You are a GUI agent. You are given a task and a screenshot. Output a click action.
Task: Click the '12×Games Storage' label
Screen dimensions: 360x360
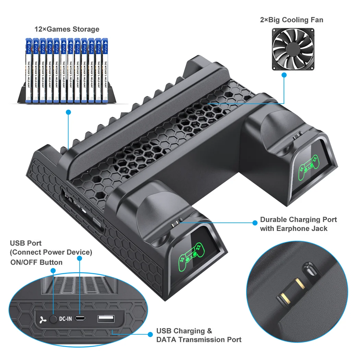[x=67, y=29]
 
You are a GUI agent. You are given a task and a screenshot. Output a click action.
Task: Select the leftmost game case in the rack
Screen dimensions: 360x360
[x=28, y=70]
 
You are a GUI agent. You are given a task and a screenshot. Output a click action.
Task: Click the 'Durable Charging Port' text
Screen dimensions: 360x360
[x=298, y=219]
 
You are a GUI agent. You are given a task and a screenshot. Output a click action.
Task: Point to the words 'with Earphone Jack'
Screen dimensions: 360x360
[x=293, y=228]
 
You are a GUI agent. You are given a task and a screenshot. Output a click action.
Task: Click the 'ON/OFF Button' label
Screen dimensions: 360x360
[x=36, y=262]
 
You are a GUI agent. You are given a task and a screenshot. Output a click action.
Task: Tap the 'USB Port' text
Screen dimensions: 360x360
[x=26, y=243]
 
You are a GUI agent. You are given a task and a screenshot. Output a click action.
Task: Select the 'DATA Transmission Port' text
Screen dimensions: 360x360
[x=199, y=340]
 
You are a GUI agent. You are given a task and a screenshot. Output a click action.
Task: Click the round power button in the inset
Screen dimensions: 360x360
[x=53, y=319]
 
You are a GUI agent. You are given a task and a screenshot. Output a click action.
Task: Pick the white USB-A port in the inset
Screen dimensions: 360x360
[x=106, y=319]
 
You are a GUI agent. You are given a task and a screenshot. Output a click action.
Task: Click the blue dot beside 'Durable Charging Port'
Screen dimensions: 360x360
[x=255, y=223]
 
